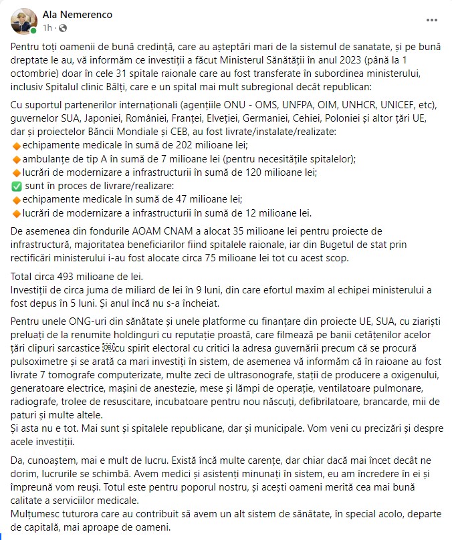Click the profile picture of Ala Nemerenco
pyautogui.click(x=23, y=21)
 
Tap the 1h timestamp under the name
pyautogui.click(x=47, y=28)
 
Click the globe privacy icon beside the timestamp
pyautogui.click(x=63, y=28)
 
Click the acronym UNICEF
pyautogui.click(x=407, y=105)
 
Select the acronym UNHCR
pyautogui.click(x=364, y=105)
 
